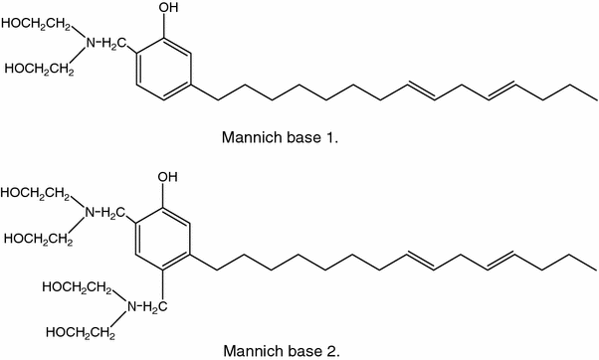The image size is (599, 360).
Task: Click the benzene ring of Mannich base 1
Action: (x=165, y=71)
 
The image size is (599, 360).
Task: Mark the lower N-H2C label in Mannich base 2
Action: (x=141, y=308)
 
